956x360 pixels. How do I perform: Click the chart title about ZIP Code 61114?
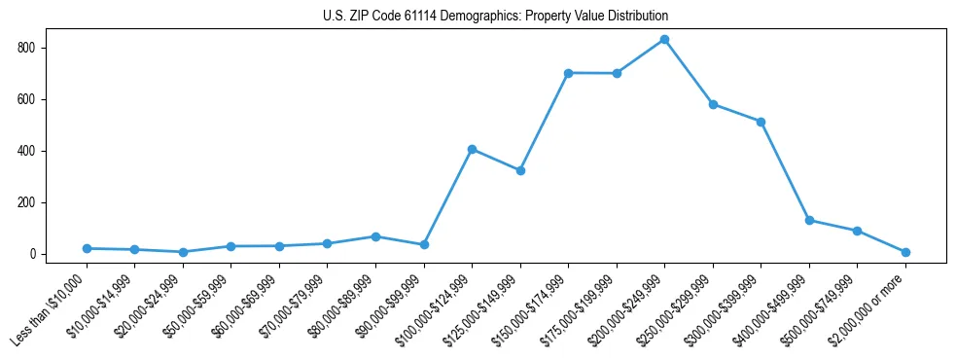pos(495,17)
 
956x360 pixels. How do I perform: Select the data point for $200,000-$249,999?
pos(664,40)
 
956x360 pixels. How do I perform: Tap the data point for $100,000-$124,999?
pos(472,149)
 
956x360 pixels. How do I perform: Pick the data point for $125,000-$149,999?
pos(520,170)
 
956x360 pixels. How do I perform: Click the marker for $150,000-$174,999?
pos(568,73)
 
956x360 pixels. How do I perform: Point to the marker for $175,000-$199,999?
pos(617,73)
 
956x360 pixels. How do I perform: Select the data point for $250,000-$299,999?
pos(713,104)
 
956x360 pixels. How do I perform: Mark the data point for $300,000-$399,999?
pos(761,122)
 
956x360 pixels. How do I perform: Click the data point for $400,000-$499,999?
pos(809,220)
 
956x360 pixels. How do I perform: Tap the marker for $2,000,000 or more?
pos(905,252)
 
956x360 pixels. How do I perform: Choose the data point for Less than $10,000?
pos(87,248)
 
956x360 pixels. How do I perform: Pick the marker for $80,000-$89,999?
pos(375,236)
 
